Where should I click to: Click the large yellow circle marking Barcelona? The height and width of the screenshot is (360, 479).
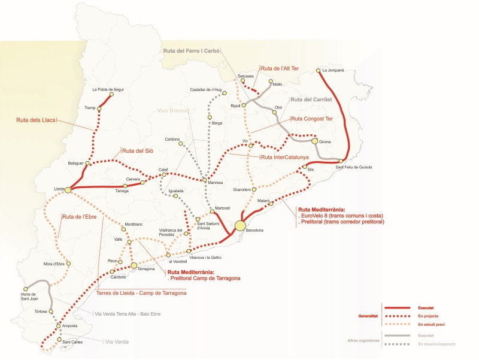[x=240, y=225]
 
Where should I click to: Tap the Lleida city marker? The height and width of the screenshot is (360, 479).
[x=68, y=190]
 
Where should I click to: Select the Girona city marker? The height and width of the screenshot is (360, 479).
[x=314, y=141]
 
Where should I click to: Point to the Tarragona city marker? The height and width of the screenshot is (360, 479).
[x=134, y=264]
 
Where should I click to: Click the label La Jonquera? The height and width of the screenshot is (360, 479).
[x=333, y=70]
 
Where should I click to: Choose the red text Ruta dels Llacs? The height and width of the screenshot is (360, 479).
[x=37, y=120]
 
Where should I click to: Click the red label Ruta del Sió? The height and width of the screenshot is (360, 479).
[x=137, y=151]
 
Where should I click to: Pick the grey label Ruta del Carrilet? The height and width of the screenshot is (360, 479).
[x=311, y=99]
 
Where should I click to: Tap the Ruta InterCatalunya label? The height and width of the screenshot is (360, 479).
[x=284, y=157]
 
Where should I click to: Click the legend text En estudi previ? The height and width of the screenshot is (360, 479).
[x=431, y=324]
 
